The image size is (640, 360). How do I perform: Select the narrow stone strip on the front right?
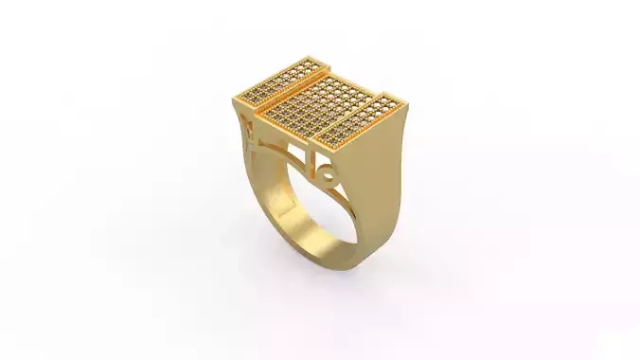359,119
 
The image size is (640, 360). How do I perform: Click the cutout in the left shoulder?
248,128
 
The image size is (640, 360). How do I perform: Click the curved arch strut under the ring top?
284,152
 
